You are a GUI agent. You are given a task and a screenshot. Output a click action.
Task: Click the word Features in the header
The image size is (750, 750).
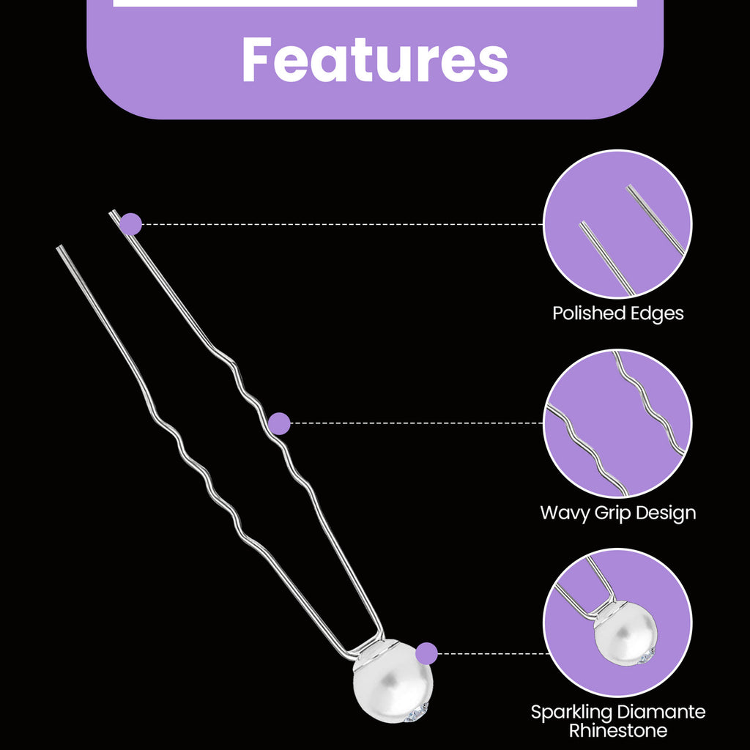pos(374,60)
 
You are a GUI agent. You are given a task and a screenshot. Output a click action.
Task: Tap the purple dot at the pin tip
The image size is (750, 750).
pos(130,224)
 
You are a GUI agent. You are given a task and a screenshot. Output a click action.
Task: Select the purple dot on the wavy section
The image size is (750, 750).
pos(279,423)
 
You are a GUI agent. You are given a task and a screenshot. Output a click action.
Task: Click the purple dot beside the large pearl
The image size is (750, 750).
pos(426,653)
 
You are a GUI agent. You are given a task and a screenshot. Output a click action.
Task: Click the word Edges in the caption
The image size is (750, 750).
pos(657,314)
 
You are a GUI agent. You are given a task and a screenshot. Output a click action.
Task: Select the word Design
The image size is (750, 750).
pos(663,513)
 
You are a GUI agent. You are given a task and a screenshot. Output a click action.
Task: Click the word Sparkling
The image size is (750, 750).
pos(568,713)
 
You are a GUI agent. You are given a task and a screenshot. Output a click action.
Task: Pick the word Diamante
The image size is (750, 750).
pos(658,712)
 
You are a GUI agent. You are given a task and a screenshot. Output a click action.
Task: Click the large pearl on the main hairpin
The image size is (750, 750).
pos(393,682)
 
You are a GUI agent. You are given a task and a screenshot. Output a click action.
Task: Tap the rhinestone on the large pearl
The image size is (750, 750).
pos(415,713)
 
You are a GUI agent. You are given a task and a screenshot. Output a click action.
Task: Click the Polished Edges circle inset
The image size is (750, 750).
pos(617,224)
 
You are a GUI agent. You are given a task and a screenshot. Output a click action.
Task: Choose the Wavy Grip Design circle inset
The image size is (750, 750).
pos(617,423)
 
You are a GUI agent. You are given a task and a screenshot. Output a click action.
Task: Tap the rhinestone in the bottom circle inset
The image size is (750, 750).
pos(646,657)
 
